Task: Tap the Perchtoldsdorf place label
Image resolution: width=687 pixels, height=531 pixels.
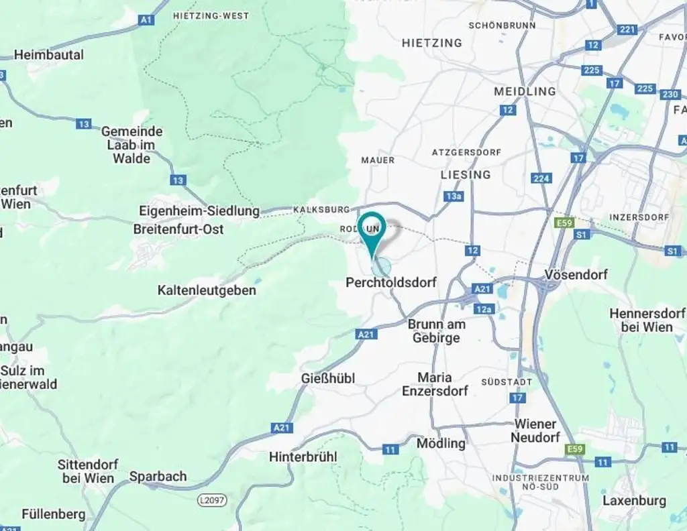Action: [390, 283]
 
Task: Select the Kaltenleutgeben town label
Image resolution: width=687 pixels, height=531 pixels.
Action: [207, 290]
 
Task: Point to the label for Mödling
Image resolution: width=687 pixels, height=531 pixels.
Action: [441, 443]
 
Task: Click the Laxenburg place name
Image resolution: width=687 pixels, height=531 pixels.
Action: [634, 501]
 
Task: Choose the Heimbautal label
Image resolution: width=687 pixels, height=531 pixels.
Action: [49, 55]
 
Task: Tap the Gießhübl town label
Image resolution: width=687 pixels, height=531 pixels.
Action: [328, 379]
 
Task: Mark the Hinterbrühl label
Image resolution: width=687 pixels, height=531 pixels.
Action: [303, 457]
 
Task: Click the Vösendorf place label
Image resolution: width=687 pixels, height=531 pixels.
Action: [576, 275]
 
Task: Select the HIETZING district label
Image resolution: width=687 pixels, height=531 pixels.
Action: [431, 43]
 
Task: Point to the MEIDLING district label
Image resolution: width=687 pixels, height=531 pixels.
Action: [525, 91]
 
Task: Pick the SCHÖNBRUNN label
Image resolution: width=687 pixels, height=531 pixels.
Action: [502, 25]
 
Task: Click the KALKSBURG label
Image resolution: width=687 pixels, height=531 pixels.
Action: [322, 210]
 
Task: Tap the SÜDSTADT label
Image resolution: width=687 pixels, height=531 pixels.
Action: [507, 381]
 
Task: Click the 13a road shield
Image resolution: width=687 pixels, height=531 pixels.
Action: [454, 196]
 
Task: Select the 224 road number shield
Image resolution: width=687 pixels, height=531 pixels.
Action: [541, 178]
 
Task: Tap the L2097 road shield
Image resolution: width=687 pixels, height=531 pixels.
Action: [212, 500]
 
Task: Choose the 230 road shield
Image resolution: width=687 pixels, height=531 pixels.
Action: [670, 95]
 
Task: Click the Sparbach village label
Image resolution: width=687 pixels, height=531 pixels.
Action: [158, 476]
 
